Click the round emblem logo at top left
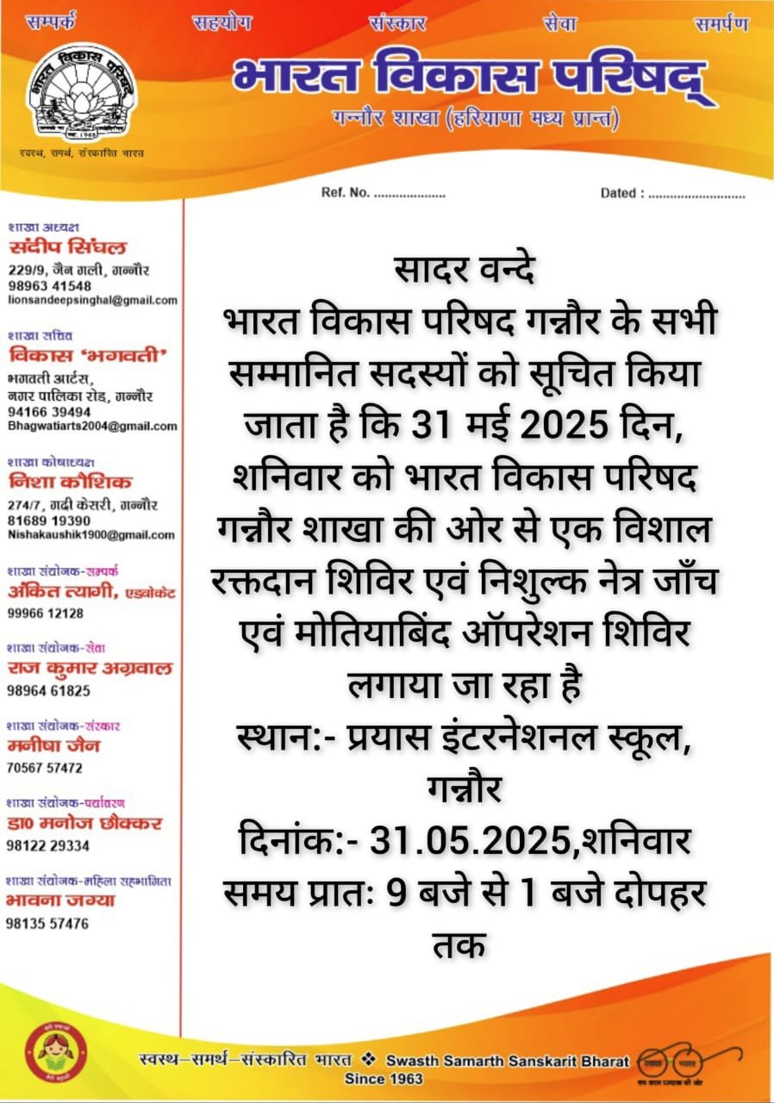click(x=83, y=96)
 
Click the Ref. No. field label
click(x=346, y=192)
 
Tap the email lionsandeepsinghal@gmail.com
click(x=92, y=300)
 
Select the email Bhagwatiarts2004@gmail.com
click(x=92, y=426)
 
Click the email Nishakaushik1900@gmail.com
click(x=91, y=534)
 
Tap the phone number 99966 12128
click(x=46, y=613)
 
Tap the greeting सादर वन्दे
click(x=465, y=273)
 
